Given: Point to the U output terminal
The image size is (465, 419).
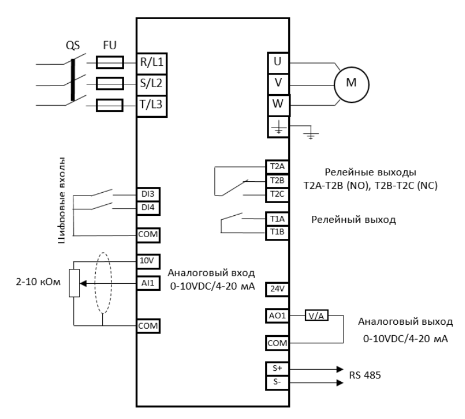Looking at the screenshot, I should coord(277,62).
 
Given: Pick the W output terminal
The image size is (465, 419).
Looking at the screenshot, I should coord(277,104).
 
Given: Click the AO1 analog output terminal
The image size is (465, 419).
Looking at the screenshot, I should coord(275,316).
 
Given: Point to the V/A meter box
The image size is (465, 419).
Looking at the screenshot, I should coord(315,316).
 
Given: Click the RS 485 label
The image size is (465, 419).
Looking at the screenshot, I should coord(365,375).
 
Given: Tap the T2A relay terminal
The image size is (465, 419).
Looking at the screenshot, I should coord(275,167).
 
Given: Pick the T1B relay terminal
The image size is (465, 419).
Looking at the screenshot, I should coord(275,231).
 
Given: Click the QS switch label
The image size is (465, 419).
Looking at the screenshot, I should coord(73,47).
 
